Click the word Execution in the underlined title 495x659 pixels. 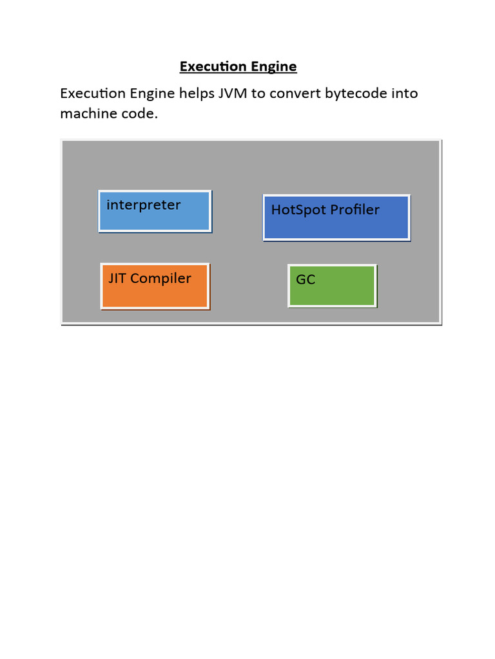point(213,66)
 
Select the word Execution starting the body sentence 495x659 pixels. point(93,93)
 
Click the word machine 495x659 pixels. point(86,114)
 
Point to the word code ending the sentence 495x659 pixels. point(137,114)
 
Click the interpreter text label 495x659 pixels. point(143,205)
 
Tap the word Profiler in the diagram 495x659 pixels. point(354,210)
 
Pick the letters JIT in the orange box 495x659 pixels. point(117,278)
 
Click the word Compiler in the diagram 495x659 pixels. point(160,279)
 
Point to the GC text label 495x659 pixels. point(306,280)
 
